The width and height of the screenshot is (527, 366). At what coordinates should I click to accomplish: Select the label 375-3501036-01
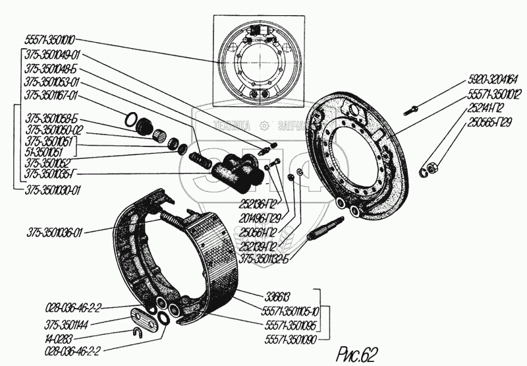[x=55, y=231]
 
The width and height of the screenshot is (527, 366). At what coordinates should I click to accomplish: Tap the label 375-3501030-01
[x=53, y=189]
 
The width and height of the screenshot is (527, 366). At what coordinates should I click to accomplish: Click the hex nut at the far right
[x=432, y=169]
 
